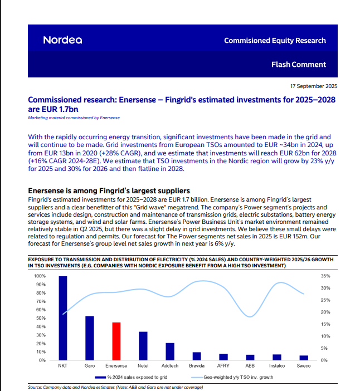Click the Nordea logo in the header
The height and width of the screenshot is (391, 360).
(62, 40)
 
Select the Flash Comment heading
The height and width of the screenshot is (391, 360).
(299, 65)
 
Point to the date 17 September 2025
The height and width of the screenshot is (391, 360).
(314, 86)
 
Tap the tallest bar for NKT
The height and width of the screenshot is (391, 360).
(63, 318)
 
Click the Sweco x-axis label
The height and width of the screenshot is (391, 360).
(304, 366)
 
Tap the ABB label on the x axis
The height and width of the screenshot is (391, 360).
(250, 366)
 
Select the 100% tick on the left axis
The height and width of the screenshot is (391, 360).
(40, 276)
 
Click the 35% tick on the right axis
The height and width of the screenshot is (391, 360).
(326, 276)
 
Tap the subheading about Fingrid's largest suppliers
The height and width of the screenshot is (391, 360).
(109, 191)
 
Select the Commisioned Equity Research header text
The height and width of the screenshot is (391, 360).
(275, 40)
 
